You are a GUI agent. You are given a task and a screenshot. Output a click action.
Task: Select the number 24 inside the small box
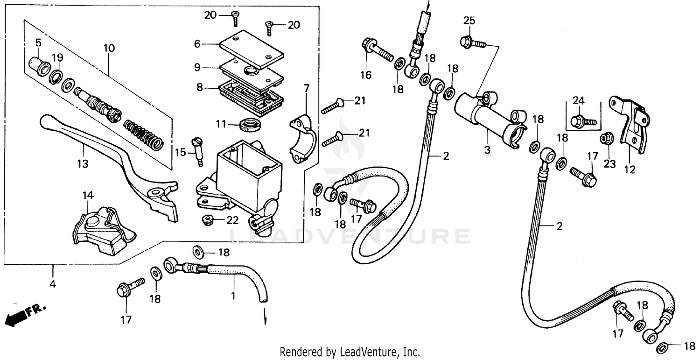[x=578, y=101]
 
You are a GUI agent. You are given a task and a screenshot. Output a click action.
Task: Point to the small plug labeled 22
[x=206, y=219]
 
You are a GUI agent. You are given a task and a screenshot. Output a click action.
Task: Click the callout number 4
[x=53, y=283]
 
